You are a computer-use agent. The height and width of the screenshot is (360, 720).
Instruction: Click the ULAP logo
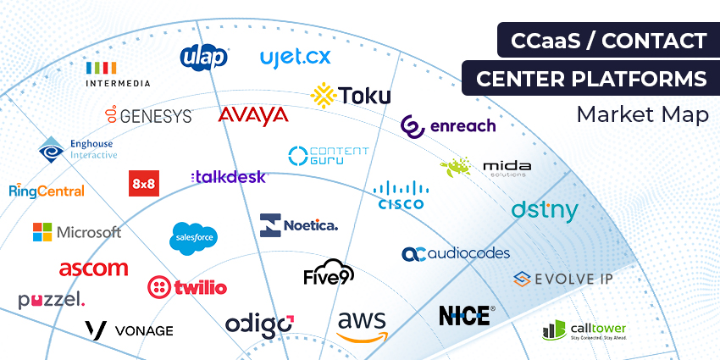coord(204,56)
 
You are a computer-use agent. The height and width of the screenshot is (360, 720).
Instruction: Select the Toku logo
coord(351,94)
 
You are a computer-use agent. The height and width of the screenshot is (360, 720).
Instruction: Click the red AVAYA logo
coord(252,115)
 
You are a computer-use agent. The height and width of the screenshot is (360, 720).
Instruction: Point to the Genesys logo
coord(148,115)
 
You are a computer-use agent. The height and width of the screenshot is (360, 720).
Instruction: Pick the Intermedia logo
coord(118,74)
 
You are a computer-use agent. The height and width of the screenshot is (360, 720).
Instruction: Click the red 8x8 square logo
coord(143,183)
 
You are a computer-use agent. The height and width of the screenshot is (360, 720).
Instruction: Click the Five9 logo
coord(329,273)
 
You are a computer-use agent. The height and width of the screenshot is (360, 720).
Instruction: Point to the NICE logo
coord(464,315)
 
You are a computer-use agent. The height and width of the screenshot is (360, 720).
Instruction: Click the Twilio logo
coord(187,286)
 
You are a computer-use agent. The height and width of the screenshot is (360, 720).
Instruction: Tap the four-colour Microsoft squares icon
coord(42,232)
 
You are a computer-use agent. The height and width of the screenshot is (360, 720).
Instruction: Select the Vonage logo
coord(129,330)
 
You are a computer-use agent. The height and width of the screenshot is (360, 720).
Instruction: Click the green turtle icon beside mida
coord(455,167)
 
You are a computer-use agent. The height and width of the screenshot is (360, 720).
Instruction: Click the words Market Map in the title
coord(641,114)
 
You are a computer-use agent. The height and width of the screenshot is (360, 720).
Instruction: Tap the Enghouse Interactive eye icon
coord(51,151)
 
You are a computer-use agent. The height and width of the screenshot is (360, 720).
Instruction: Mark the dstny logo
coord(545,211)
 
